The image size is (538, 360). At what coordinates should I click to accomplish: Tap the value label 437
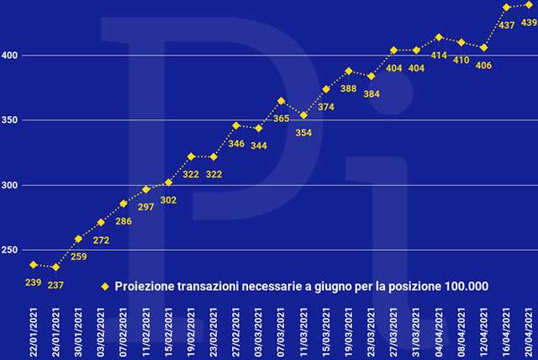[507, 25]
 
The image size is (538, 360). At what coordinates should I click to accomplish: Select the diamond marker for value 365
[281, 101]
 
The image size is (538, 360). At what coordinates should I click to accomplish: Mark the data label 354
[303, 133]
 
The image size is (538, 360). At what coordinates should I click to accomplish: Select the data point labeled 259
[78, 239]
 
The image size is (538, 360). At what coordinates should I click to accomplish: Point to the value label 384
[372, 93]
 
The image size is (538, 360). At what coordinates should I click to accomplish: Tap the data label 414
[439, 56]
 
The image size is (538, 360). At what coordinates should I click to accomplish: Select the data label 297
[145, 207]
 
